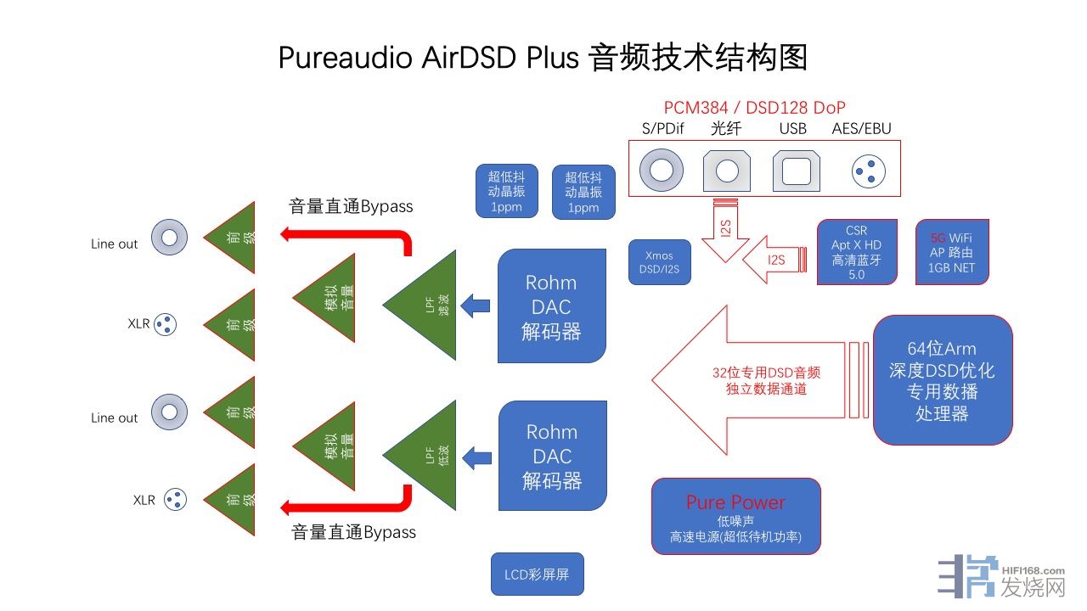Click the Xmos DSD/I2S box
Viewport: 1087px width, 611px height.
tap(660, 262)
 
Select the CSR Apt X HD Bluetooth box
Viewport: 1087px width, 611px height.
tap(856, 252)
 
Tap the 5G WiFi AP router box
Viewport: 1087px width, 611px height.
tap(951, 252)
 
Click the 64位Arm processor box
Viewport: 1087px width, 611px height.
tap(942, 380)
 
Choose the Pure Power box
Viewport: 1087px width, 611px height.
tap(735, 516)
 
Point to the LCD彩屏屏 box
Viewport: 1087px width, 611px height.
tap(538, 575)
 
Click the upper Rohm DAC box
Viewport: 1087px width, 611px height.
tap(552, 306)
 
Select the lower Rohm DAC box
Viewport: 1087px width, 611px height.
tap(552, 456)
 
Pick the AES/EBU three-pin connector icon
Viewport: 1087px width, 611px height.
tap(868, 172)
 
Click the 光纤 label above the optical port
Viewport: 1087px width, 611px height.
tap(726, 129)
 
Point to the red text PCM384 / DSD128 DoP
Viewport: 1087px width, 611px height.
tap(754, 108)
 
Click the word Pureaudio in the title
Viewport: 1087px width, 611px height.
tap(345, 58)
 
